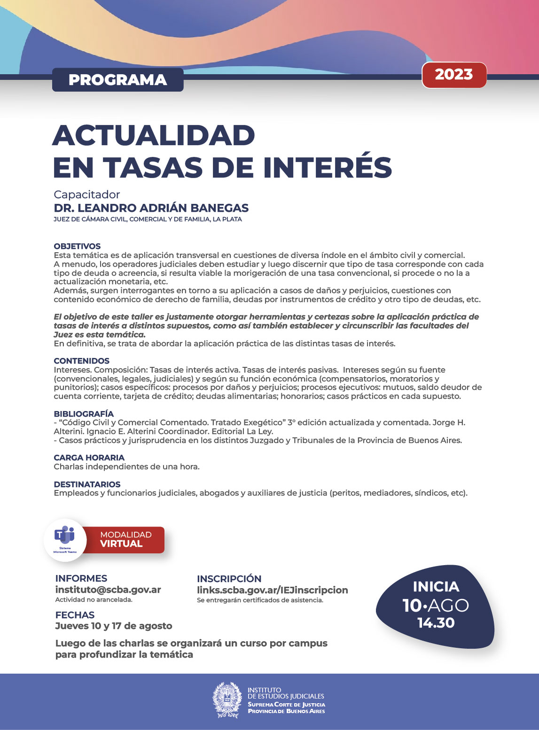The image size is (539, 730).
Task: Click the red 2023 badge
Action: (454, 75)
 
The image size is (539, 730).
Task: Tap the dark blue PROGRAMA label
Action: (117, 80)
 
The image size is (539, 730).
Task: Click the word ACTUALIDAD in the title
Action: (154, 136)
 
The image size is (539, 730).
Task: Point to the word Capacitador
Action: (87, 194)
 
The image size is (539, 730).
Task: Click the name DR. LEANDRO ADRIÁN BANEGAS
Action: (151, 208)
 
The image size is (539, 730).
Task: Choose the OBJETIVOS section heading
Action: (77, 246)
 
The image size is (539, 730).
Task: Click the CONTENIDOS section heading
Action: (81, 361)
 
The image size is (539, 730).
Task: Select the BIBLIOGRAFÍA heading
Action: (84, 414)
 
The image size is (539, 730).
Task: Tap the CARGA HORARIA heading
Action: (89, 458)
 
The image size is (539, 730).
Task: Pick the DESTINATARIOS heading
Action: (87, 484)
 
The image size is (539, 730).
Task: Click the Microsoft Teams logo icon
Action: (65, 536)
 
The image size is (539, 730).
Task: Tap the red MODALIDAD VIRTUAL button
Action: (125, 539)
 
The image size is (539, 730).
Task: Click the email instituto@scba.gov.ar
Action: (108, 590)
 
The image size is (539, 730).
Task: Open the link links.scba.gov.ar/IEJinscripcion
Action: (272, 590)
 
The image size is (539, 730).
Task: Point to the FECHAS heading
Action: (75, 615)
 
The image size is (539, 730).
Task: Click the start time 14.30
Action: (436, 623)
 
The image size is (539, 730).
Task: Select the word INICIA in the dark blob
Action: (436, 587)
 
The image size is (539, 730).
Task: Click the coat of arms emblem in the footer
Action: (227, 700)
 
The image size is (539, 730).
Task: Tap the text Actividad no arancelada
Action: (94, 600)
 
